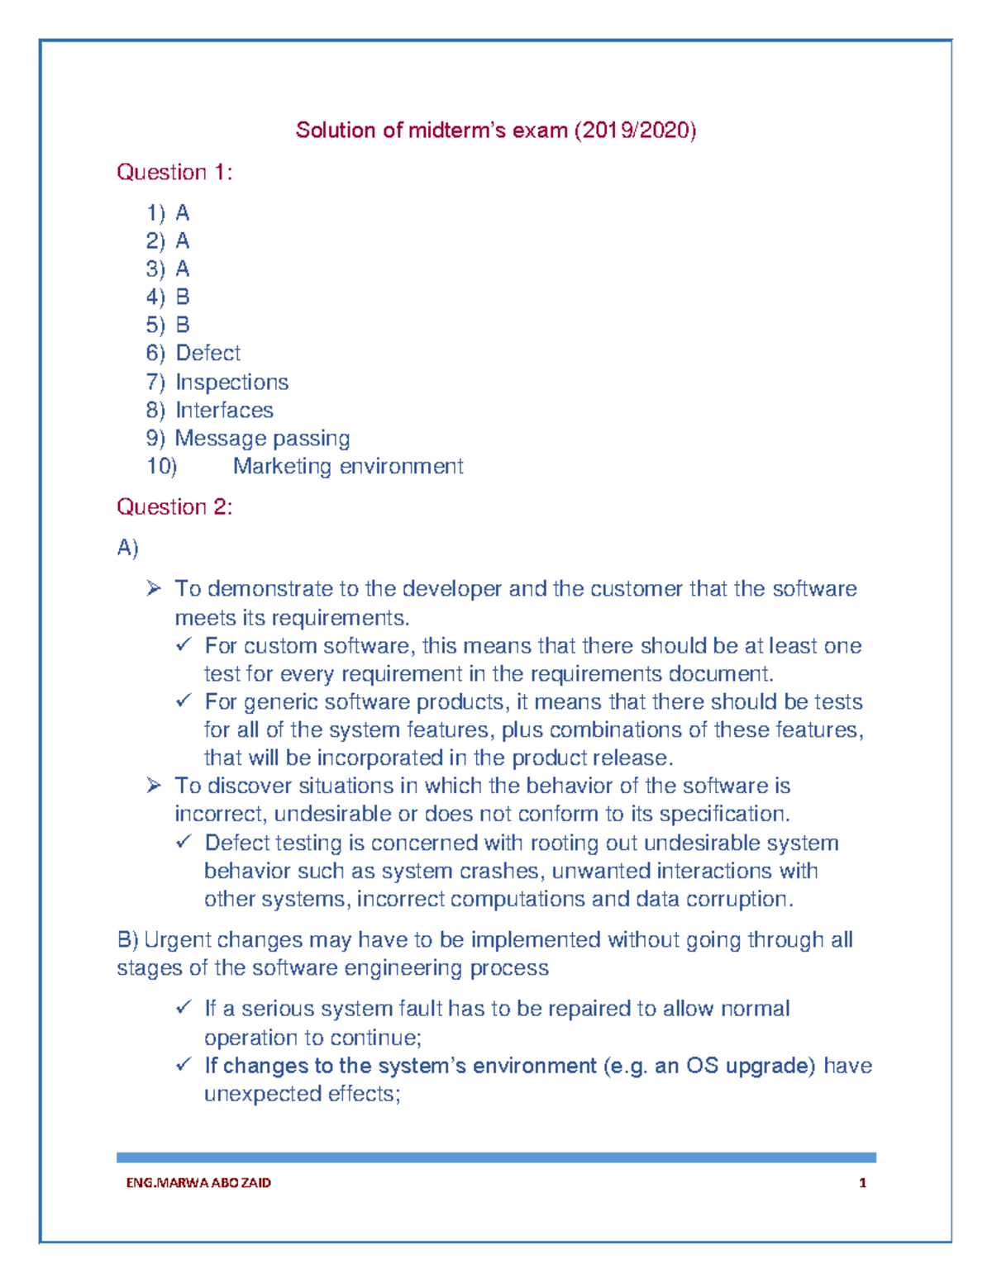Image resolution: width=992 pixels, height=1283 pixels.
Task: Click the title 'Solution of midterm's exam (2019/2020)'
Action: (496, 131)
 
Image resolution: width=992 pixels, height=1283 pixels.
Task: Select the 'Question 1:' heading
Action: (174, 173)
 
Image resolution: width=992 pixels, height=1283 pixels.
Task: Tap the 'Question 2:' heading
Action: (174, 507)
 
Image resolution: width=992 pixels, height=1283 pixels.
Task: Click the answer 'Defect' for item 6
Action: (207, 354)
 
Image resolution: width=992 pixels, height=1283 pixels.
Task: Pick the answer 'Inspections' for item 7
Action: (231, 383)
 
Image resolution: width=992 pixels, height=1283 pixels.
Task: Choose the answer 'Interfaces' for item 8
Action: (224, 411)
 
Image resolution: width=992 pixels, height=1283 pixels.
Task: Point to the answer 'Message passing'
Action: (262, 439)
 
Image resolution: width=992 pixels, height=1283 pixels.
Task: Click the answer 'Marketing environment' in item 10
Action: (348, 467)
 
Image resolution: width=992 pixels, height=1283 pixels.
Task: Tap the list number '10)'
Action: (161, 467)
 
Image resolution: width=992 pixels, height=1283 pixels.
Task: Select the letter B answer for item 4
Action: (183, 297)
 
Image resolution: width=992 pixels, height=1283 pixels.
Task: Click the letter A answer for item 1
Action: (183, 214)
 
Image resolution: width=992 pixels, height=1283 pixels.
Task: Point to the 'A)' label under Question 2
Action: (127, 548)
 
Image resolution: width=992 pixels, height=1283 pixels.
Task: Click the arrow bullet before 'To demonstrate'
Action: (154, 589)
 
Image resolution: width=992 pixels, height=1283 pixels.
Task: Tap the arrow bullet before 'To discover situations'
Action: (154, 786)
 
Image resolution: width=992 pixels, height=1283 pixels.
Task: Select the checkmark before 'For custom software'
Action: (184, 645)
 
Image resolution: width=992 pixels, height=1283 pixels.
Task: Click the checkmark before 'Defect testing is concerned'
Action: (184, 843)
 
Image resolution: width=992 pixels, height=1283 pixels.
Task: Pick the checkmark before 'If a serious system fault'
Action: (184, 1009)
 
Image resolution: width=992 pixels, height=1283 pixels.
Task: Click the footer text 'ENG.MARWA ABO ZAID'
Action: (198, 1183)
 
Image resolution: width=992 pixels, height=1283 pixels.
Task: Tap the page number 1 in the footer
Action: (862, 1183)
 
